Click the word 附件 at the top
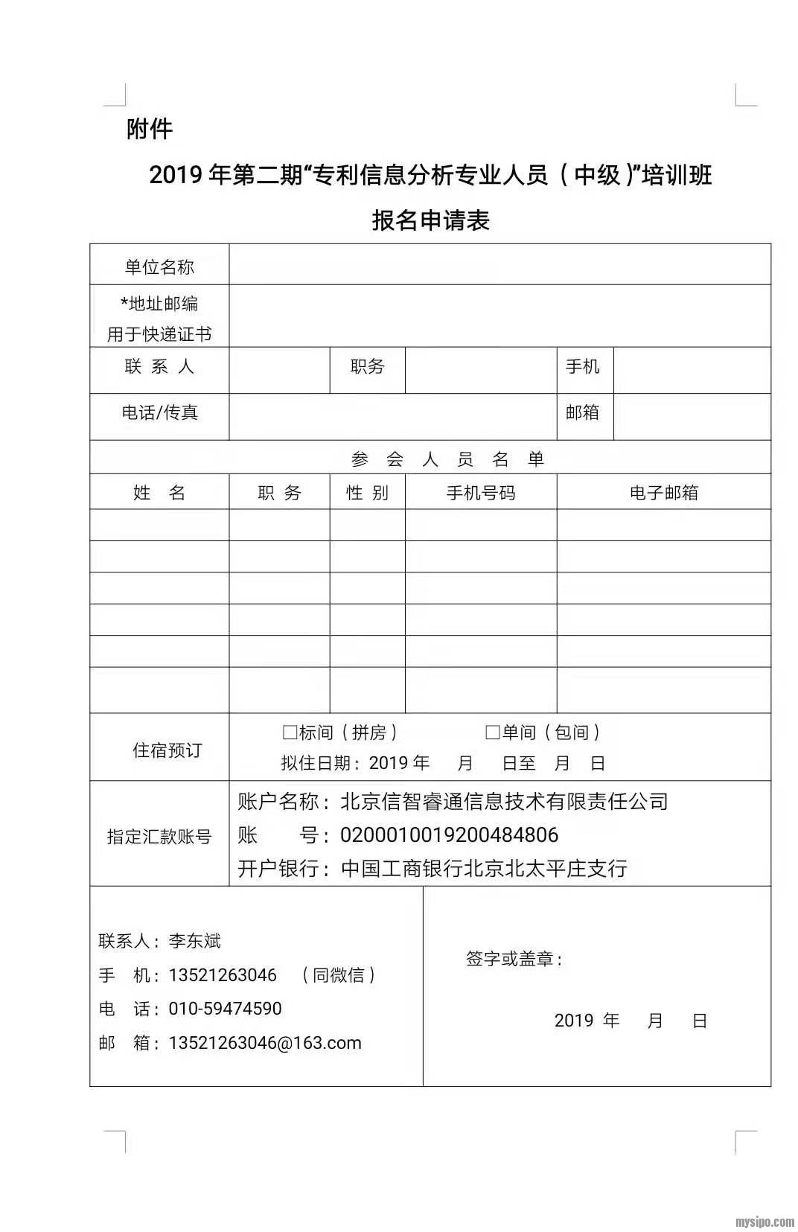150,130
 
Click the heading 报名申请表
430,220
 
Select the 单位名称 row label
159,266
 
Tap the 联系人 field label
159,366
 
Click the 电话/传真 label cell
159,412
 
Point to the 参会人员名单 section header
447,459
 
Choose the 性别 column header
367,493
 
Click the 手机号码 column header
480,493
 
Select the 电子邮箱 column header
663,493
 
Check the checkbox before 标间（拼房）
290,733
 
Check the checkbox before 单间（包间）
492,733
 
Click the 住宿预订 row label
167,750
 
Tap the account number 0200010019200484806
449,835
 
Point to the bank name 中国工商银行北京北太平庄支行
484,869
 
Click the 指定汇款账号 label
159,836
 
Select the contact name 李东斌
195,941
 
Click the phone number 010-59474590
225,1009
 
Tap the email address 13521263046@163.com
265,1043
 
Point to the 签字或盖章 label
514,959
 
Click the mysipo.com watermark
765,1222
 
